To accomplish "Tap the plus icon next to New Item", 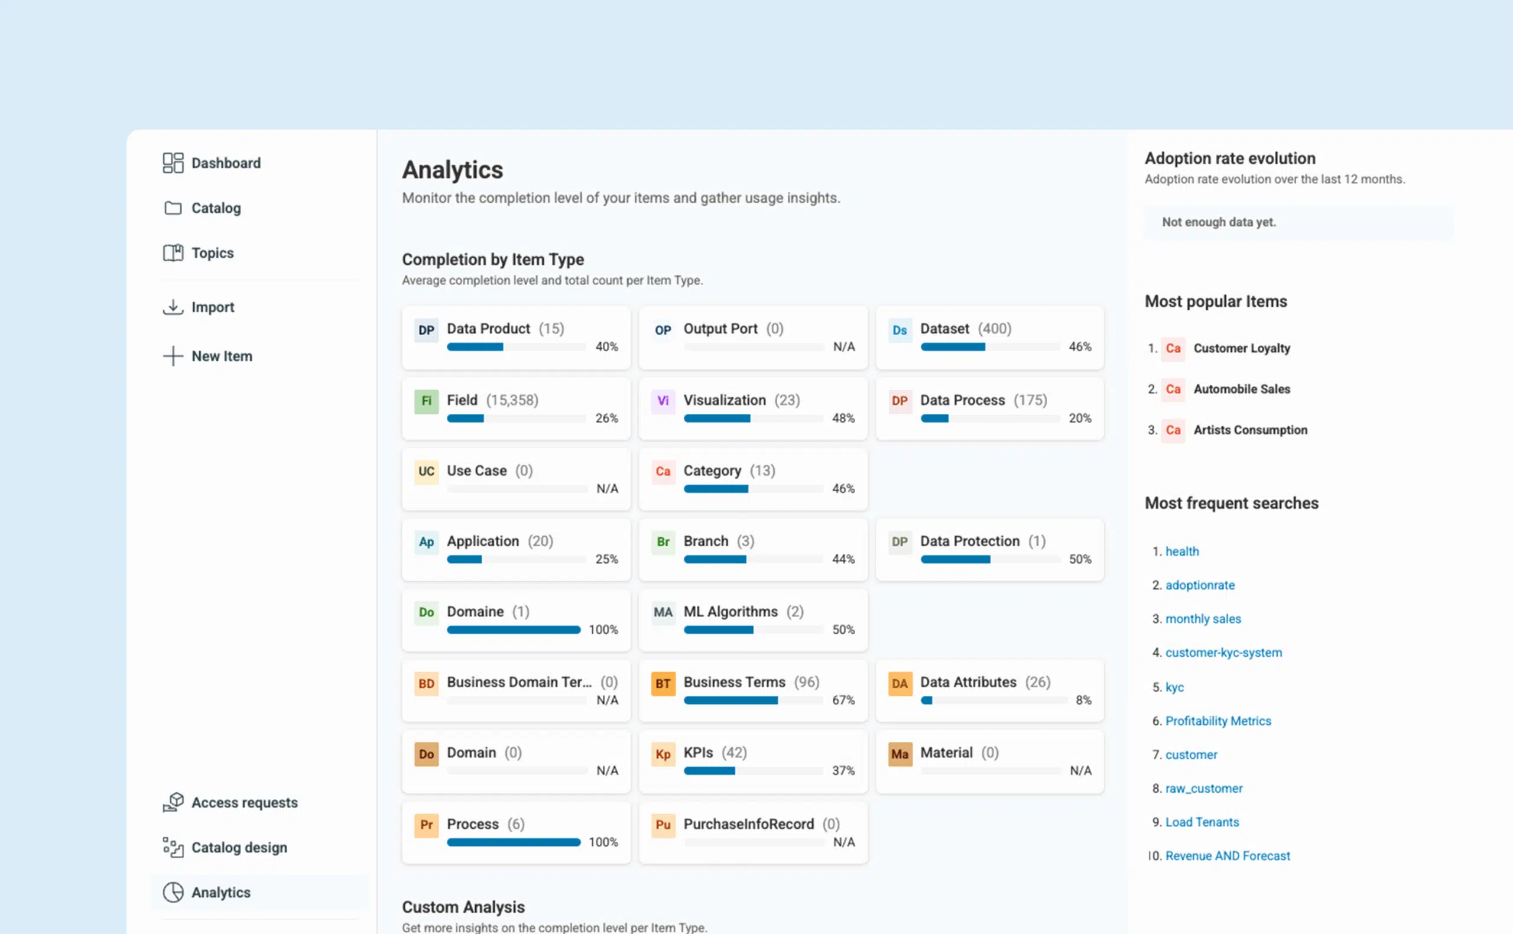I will pos(173,356).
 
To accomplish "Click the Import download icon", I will pos(173,307).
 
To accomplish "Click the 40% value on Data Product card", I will pos(606,346).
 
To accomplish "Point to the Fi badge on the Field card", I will pos(426,401).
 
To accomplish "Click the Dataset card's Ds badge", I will pos(900,330).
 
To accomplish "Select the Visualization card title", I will pos(725,400).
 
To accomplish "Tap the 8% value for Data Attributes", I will pos(1083,700).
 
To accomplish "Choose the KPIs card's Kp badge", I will pos(663,754).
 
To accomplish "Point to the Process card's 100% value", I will pos(603,842).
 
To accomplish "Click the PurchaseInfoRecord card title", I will pos(748,824).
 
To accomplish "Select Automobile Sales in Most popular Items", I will pos(1241,389).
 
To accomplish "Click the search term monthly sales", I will pos(1203,619).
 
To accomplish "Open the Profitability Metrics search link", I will pos(1218,721).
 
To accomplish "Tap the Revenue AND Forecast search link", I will pos(1227,855).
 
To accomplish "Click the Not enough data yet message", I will pos(1219,222).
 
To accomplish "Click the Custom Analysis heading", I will pos(463,907).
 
